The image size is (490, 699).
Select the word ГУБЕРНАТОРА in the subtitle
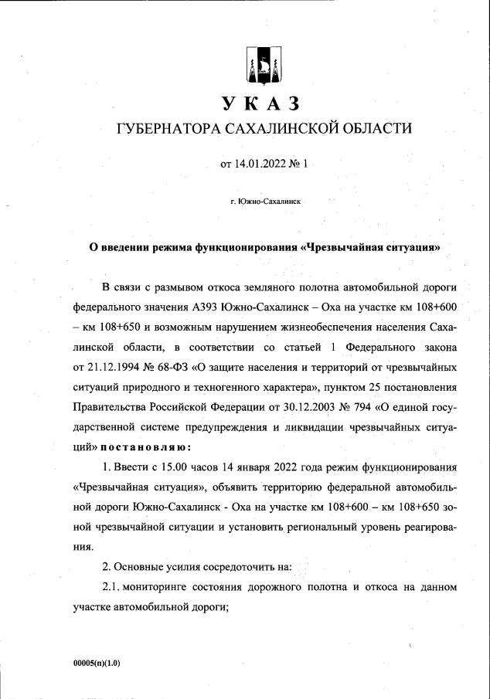pos(164,128)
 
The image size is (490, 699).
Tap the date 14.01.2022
pos(260,164)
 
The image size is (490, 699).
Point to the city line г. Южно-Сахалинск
pos(265,201)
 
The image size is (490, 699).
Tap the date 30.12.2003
pos(280,405)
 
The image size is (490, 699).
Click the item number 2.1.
pos(114,586)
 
